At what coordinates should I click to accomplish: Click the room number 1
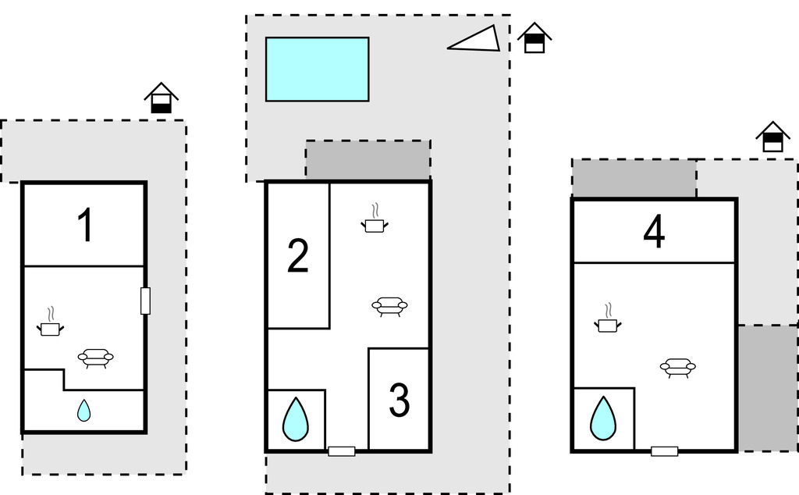85,226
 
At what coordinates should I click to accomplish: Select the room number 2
297,257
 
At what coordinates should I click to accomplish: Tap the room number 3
399,400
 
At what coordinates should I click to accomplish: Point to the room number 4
654,232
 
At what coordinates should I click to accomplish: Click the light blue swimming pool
317,69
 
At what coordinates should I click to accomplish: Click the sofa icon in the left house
95,358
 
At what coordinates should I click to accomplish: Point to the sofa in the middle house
389,305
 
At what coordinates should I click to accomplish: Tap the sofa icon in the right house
677,367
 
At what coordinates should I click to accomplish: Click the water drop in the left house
83,411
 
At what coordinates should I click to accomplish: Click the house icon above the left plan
162,98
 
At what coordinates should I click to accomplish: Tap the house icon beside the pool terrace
534,38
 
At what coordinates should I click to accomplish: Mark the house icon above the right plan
772,137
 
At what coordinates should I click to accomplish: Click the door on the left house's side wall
145,301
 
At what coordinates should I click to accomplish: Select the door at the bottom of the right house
664,450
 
